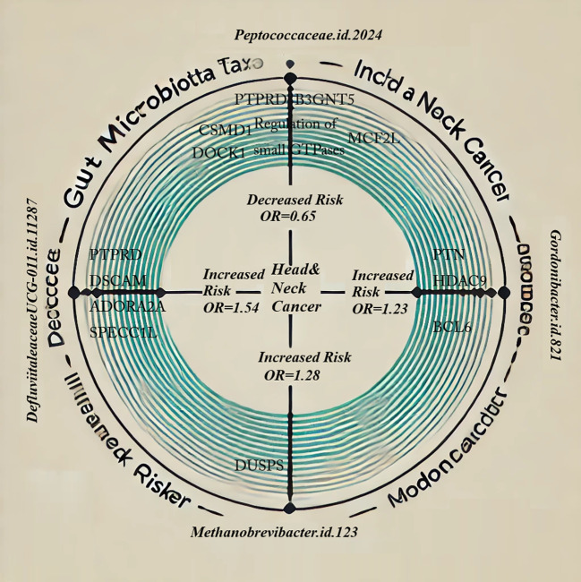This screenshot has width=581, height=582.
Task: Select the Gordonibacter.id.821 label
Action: click(555, 295)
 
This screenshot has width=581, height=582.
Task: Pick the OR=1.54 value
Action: click(232, 306)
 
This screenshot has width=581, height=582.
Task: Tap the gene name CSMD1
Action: click(225, 131)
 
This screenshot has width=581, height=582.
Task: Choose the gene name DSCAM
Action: click(118, 281)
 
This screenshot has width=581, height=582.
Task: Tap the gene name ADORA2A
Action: click(127, 307)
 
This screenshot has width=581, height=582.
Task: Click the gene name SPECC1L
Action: click(124, 331)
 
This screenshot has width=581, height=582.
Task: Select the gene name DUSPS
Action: click(259, 466)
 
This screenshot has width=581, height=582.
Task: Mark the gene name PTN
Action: click(448, 255)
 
